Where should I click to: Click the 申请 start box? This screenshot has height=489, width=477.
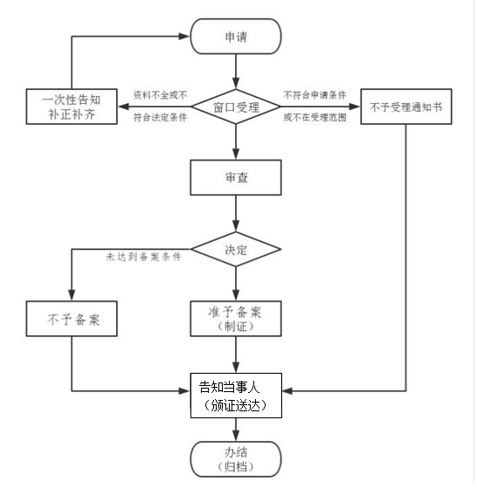[x=236, y=38]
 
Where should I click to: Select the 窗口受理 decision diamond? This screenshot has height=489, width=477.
[x=236, y=107]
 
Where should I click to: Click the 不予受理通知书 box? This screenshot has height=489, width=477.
[x=406, y=107]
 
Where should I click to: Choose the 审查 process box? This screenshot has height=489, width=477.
[x=236, y=178]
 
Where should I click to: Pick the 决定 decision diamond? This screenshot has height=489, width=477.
[x=236, y=250]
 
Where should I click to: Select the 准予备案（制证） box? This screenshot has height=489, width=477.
[x=236, y=319]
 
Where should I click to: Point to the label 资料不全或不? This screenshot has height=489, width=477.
[x=160, y=94]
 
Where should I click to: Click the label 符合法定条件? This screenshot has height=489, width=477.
[x=160, y=118]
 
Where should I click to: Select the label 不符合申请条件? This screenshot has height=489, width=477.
[x=315, y=94]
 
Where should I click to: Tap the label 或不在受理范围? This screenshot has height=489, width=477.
[x=315, y=118]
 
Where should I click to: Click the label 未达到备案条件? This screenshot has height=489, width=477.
[x=143, y=257]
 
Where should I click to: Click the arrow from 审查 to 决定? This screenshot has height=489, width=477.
[x=236, y=213]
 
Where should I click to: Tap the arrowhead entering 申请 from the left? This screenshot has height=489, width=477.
[x=184, y=38]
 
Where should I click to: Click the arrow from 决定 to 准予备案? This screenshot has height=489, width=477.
[x=236, y=284]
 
